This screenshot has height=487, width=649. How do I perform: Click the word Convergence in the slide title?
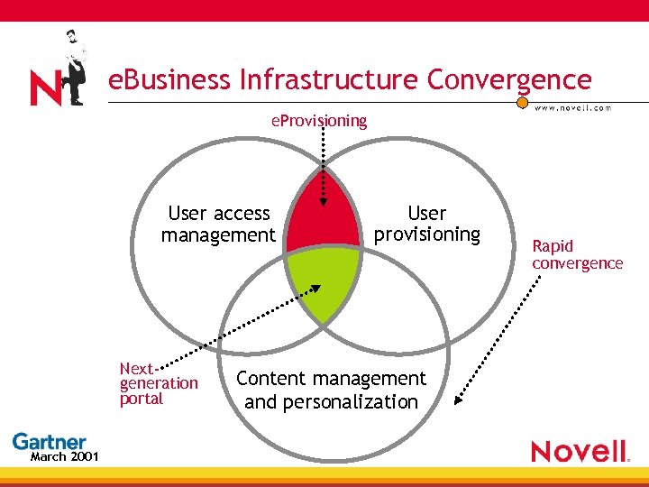click(x=509, y=80)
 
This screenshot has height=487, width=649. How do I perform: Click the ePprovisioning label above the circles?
click(x=319, y=120)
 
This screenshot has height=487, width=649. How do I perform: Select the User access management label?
click(x=218, y=225)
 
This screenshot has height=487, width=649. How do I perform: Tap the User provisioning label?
click(x=426, y=224)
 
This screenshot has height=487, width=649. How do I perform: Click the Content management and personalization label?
click(x=331, y=390)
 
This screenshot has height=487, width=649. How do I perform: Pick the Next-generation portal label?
click(x=158, y=383)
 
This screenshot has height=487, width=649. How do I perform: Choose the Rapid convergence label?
click(x=577, y=254)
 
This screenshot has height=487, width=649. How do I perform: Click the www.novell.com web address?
click(x=573, y=107)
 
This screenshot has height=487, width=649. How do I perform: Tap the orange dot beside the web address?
click(x=523, y=102)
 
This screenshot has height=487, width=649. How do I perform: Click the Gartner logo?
click(x=49, y=442)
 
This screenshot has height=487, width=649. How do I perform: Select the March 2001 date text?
click(x=64, y=456)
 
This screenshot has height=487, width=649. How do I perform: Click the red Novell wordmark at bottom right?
click(x=579, y=451)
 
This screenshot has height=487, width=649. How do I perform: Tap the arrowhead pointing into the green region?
click(x=316, y=289)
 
